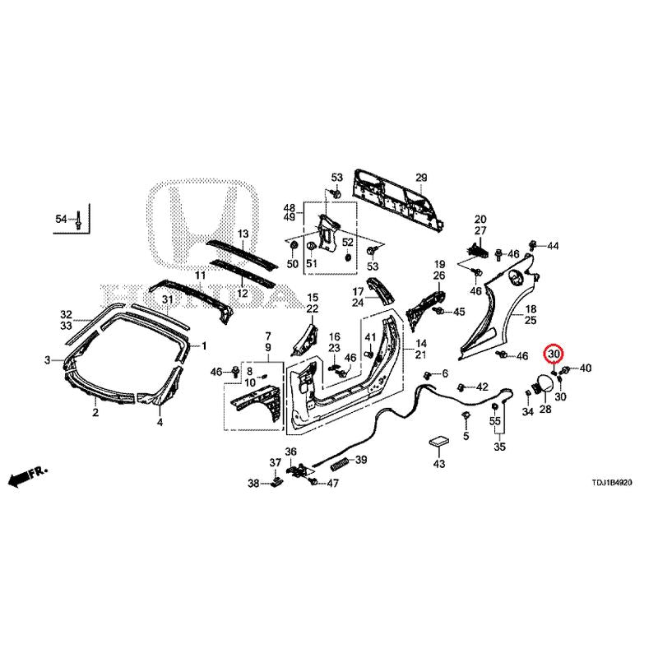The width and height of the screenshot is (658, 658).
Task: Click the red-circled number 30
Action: coord(554,354)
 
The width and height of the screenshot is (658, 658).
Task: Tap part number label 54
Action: coord(61,219)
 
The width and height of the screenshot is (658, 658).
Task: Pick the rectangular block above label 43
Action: coord(438,442)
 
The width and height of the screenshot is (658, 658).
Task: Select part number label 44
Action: coord(553,246)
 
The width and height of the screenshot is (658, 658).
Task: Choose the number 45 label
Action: coord(459,312)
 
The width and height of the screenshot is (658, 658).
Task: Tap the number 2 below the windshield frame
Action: coord(95,413)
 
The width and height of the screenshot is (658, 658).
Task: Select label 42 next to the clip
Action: coord(482,387)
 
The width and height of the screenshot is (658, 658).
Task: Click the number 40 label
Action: coord(586,368)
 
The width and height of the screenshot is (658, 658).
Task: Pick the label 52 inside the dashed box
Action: coord(348,243)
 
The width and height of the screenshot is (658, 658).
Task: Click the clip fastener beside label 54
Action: coord(78,220)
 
